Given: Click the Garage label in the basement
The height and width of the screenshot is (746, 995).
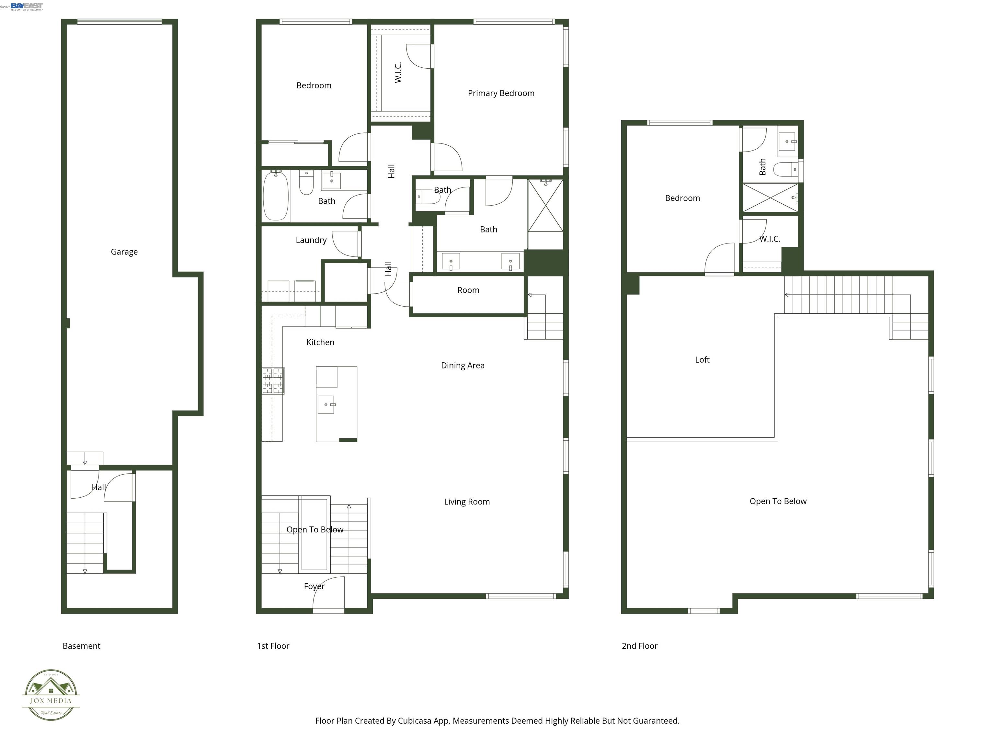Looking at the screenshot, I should [x=124, y=252].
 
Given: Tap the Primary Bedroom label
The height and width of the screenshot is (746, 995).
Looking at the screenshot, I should [x=501, y=93].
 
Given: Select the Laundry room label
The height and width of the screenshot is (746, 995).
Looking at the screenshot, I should [x=311, y=240].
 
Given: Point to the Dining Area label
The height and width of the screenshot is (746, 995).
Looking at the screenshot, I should [x=463, y=366].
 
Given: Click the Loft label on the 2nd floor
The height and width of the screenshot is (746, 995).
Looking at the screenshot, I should [x=702, y=360].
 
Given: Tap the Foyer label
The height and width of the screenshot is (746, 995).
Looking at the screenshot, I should [x=314, y=586].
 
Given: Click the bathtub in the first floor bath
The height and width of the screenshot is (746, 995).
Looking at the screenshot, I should [x=275, y=196].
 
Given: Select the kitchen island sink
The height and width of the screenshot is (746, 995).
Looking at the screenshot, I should [x=326, y=404].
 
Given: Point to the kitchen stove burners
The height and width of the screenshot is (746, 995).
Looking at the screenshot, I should [x=273, y=380].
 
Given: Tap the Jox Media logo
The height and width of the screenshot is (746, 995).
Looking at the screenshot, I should [x=51, y=695].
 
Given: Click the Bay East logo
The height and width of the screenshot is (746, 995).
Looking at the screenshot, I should [x=27, y=6].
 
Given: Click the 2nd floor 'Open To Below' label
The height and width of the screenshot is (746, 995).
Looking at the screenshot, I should [x=778, y=501].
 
